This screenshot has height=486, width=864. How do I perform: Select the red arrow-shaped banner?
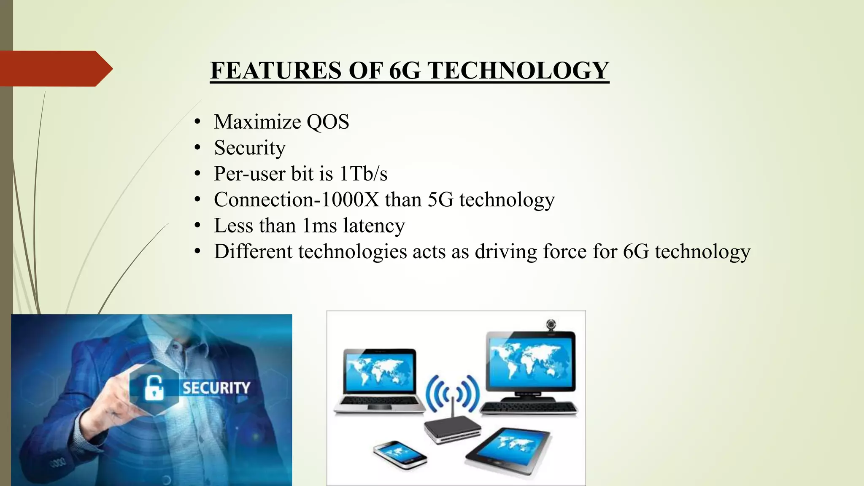point(55,68)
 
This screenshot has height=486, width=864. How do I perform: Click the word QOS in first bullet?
point(328,122)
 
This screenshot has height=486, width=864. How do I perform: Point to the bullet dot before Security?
point(197,148)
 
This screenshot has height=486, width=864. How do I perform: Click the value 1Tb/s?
point(363,174)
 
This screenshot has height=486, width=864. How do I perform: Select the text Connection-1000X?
point(297,200)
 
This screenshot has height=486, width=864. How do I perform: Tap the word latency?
point(374,226)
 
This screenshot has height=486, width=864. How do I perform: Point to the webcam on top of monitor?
point(551,325)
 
